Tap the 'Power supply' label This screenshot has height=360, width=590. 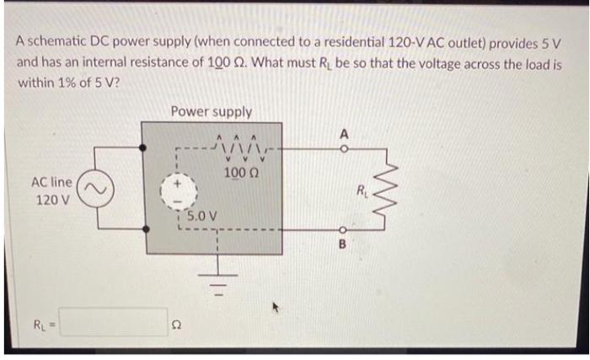click(210, 111)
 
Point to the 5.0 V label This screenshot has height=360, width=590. click(202, 216)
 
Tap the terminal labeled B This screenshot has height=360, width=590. click(344, 234)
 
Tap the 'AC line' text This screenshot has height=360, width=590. click(51, 182)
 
